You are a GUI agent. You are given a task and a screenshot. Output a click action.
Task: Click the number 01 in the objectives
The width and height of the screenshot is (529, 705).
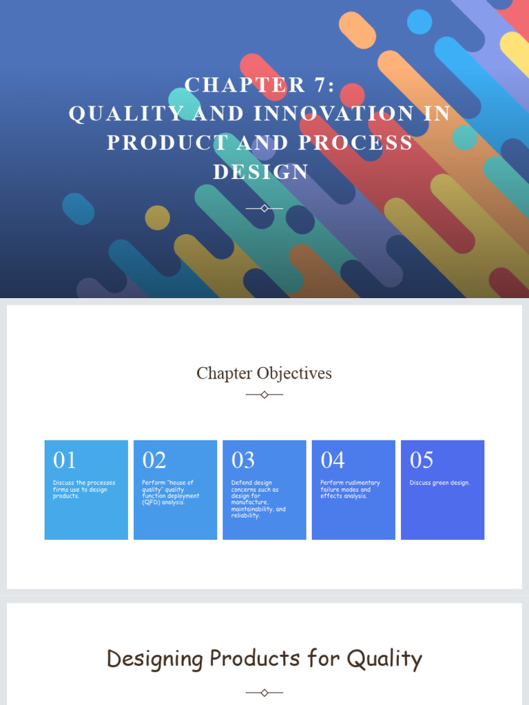tap(65, 460)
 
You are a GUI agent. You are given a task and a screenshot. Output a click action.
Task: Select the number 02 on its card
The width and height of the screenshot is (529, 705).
tap(154, 460)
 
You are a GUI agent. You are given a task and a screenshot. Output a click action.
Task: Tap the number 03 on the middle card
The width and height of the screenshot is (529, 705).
tap(243, 460)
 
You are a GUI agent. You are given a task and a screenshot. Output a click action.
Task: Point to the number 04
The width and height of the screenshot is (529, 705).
tap(333, 460)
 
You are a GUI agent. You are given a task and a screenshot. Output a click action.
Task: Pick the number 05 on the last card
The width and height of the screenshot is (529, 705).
tap(422, 460)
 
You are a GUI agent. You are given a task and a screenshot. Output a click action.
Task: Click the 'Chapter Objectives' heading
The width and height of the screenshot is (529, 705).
tap(264, 373)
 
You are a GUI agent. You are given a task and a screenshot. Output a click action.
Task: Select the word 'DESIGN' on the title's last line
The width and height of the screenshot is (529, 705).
tap(261, 171)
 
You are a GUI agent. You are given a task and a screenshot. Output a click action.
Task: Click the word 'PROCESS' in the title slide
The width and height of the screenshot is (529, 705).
tap(355, 143)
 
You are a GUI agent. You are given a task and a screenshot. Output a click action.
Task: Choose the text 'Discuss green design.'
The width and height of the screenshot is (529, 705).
tap(439, 483)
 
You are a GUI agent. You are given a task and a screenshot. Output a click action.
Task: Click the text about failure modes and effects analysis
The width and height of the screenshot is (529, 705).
tap(350, 490)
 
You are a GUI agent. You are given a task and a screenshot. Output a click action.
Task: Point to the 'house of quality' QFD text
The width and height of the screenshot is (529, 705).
tap(171, 492)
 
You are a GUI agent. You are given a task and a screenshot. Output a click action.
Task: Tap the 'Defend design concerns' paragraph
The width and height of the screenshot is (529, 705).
tap(258, 499)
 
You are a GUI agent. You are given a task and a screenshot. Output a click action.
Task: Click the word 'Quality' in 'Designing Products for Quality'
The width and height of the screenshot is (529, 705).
tap(384, 659)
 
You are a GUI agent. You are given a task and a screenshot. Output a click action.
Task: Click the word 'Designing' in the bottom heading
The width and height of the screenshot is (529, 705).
tap(156, 660)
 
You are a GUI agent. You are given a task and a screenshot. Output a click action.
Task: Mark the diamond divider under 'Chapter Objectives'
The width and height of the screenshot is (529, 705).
tap(264, 394)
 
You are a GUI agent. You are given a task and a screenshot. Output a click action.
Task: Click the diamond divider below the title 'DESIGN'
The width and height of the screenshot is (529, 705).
tap(264, 208)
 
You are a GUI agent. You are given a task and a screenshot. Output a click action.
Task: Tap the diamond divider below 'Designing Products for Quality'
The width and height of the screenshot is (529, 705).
tap(264, 692)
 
